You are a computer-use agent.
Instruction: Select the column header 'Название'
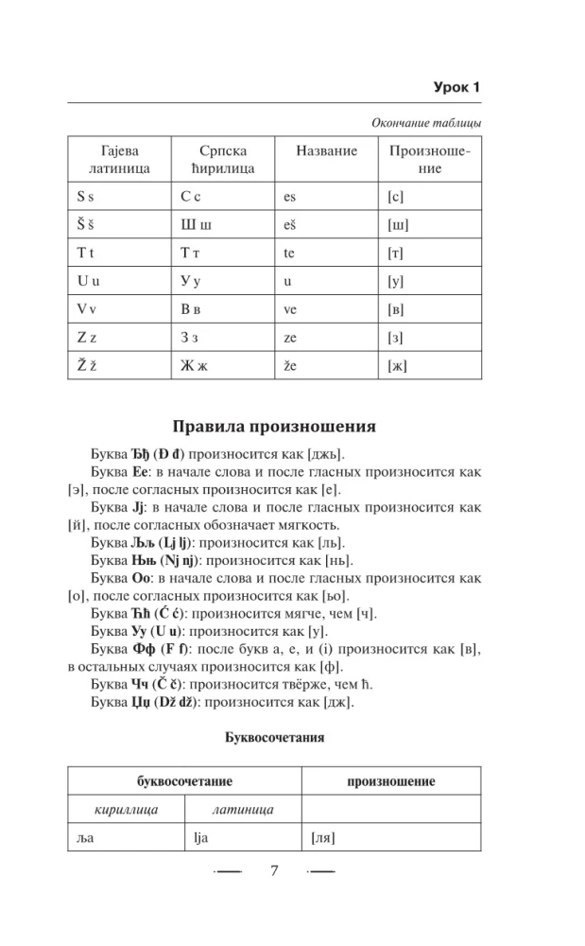coord(326,151)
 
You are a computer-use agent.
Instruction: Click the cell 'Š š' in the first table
coord(86,225)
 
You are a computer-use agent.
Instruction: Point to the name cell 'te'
coord(289,254)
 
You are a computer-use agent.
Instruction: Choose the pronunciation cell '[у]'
coord(396,281)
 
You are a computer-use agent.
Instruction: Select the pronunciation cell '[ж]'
coord(397,364)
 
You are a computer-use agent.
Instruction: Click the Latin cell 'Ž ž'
coord(86,364)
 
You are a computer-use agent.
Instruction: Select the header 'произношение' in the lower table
coord(391,782)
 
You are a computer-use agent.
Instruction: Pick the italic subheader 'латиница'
coord(243,810)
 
